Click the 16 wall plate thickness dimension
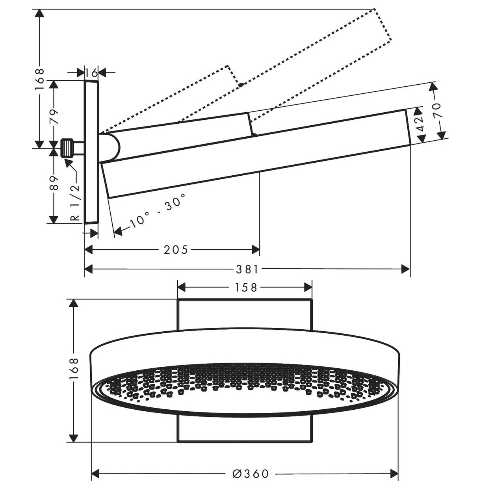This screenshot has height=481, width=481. tap(91, 72)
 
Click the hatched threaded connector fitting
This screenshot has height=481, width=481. tap(69, 148)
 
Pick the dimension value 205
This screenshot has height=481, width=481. tap(176, 249)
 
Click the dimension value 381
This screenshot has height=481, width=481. tap(247, 269)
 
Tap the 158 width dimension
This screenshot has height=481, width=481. tap(244, 288)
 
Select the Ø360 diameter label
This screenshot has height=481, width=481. tap(251, 473)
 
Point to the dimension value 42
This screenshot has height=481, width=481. tap(419, 124)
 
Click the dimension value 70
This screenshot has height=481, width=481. tap(438, 111)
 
